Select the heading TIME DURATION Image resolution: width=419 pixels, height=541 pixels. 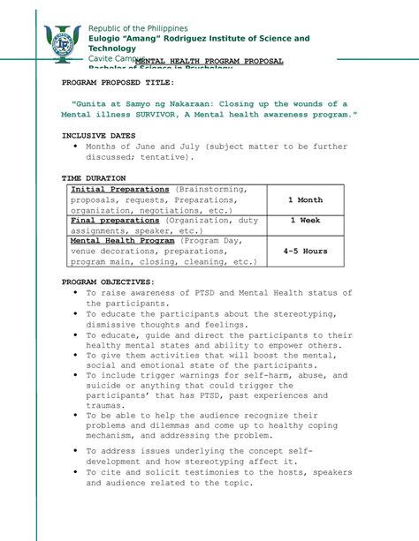[x=93, y=177]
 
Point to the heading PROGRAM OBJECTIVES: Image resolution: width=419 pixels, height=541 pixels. [x=108, y=282]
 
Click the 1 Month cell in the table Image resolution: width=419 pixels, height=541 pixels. [x=305, y=200]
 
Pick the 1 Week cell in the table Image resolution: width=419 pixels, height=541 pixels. [x=305, y=221]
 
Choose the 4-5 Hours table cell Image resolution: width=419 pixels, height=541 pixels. [x=305, y=251]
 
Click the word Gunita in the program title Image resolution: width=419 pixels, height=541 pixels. [x=94, y=103]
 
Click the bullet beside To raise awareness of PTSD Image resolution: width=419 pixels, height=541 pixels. [x=76, y=292]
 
